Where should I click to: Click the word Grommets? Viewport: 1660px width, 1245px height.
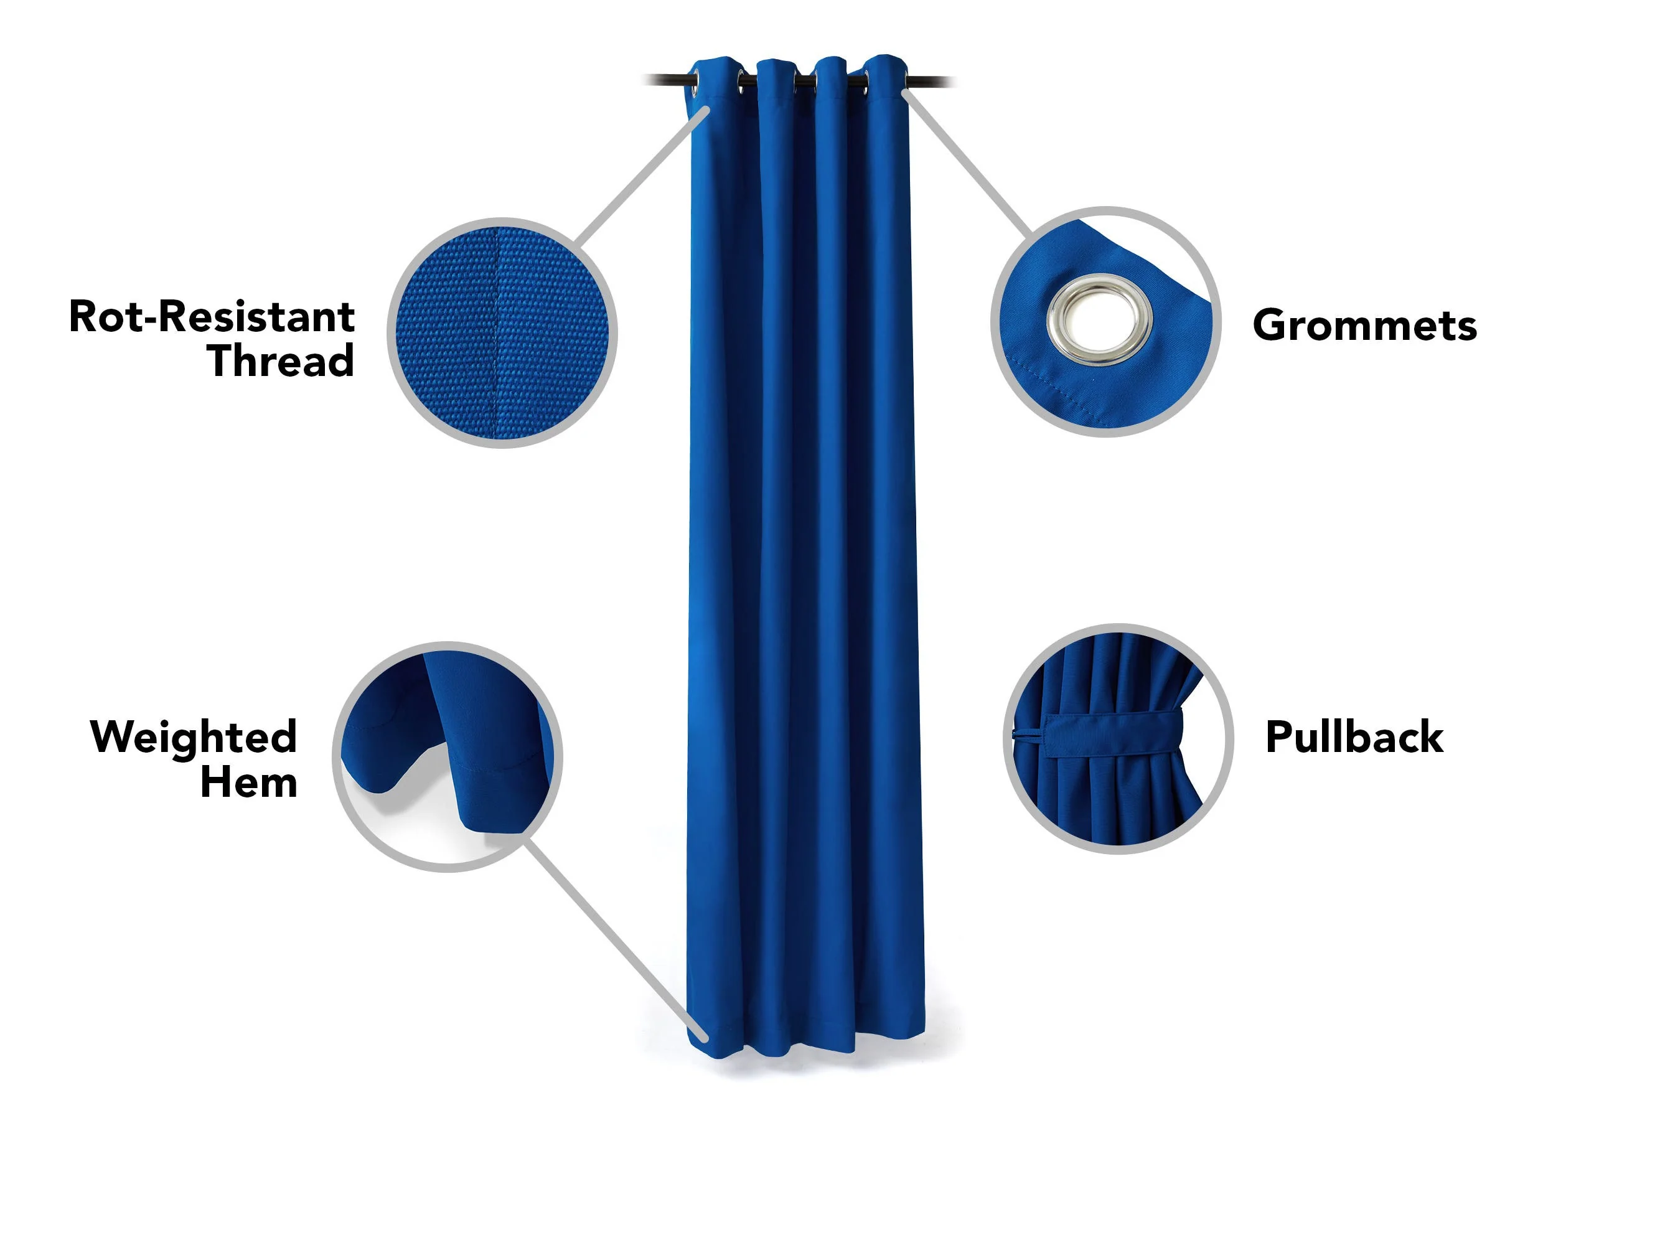click(x=1364, y=325)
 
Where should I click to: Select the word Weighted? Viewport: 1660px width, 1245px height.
click(x=194, y=738)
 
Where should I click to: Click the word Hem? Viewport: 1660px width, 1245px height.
click(x=249, y=782)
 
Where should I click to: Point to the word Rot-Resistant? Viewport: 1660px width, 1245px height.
click(x=212, y=316)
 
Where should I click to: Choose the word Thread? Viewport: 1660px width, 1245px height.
click(x=281, y=360)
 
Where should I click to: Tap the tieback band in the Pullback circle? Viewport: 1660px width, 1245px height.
click(x=1114, y=735)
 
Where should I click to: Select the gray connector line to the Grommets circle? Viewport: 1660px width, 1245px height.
click(x=968, y=161)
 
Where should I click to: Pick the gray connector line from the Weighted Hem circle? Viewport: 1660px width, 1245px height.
click(x=616, y=941)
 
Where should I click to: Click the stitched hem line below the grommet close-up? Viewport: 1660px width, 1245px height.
click(x=1103, y=380)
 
